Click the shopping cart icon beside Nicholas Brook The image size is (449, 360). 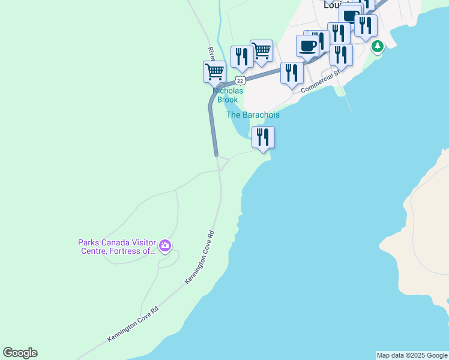(x=214, y=72)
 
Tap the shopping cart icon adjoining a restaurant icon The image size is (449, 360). (x=261, y=51)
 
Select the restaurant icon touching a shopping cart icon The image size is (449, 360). (x=242, y=57)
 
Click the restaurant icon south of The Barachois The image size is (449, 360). (x=263, y=137)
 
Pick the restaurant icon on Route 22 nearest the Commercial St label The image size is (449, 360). (x=292, y=73)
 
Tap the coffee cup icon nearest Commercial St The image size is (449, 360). (x=307, y=46)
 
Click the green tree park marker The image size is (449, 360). (x=377, y=46)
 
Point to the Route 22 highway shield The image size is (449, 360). (x=240, y=80)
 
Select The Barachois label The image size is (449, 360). (x=253, y=115)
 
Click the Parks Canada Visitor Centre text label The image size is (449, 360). (x=117, y=247)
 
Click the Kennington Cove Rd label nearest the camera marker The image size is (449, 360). (x=200, y=257)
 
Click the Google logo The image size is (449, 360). (x=20, y=353)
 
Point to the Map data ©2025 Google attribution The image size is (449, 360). (x=412, y=355)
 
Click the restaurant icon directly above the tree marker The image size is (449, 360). (x=366, y=25)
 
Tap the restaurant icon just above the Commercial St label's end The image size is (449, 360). (x=341, y=55)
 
